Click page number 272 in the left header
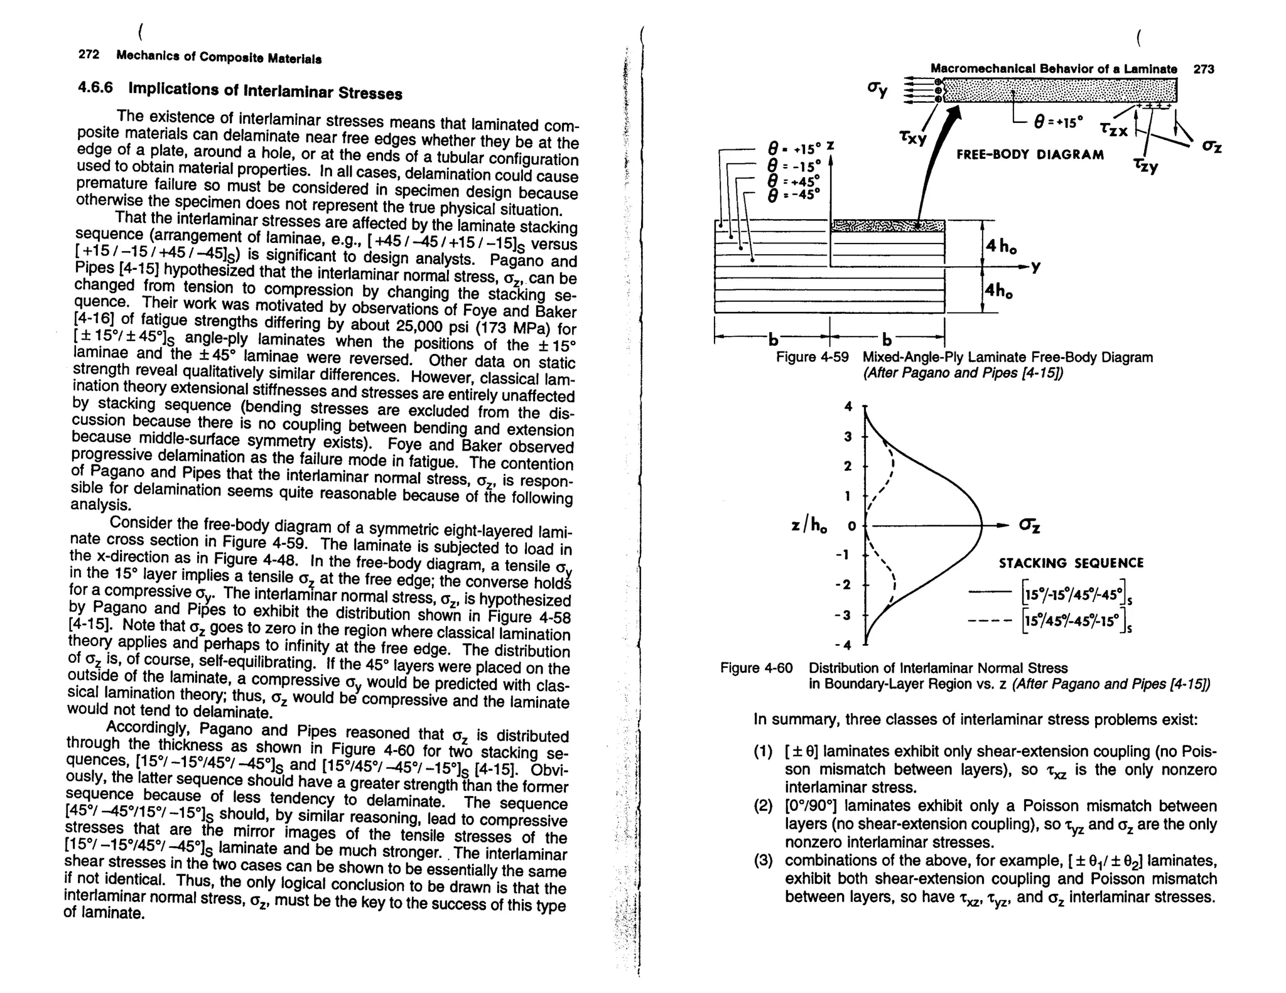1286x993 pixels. pos(89,55)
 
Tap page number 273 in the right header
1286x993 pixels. pos(1203,69)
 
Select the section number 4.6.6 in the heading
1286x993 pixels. pos(95,87)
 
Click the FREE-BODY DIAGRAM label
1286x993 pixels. pos(1030,155)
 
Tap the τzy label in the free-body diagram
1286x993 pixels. pos(1146,165)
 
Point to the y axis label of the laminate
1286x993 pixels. pos(1035,267)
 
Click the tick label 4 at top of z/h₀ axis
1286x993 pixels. pos(848,407)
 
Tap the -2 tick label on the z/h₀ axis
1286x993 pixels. pos(845,584)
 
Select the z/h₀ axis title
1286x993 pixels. pos(809,525)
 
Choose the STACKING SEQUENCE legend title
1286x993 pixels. pos(1071,563)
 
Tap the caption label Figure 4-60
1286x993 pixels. pos(756,668)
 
